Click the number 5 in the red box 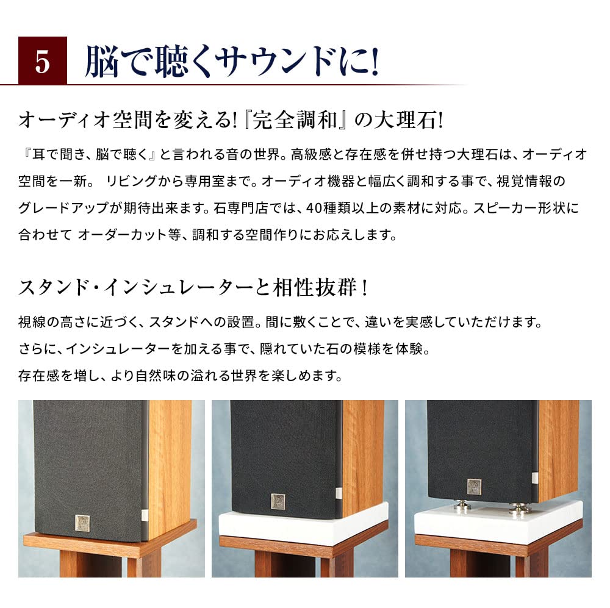tap(42, 62)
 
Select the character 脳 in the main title tap(101, 62)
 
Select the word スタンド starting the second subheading tap(49, 287)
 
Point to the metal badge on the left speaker tap(82, 522)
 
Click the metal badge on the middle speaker tap(278, 500)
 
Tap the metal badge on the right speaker tap(474, 486)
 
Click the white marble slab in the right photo tap(497, 523)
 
